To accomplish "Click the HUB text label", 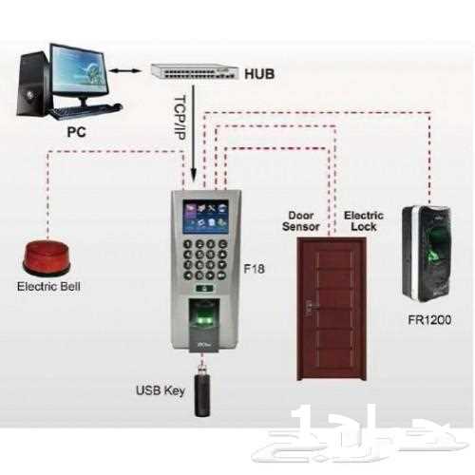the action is pyautogui.click(x=259, y=74).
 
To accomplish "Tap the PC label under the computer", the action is pyautogui.click(x=76, y=132).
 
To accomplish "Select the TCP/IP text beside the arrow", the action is pyautogui.click(x=180, y=118).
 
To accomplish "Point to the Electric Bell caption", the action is pyautogui.click(x=48, y=287).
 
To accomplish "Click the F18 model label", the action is pyautogui.click(x=254, y=269).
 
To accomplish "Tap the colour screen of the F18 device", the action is pyautogui.click(x=205, y=218).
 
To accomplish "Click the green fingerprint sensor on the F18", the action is pyautogui.click(x=203, y=320).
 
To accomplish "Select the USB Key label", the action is pyautogui.click(x=161, y=390).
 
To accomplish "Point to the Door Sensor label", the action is pyautogui.click(x=300, y=221).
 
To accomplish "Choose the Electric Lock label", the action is pyautogui.click(x=364, y=221).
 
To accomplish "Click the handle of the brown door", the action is pyautogui.click(x=310, y=307).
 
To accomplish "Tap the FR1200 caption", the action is pyautogui.click(x=429, y=320).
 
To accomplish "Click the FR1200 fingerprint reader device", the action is pyautogui.click(x=427, y=254).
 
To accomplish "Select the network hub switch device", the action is pyautogui.click(x=194, y=71).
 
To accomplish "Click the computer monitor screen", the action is pyautogui.click(x=80, y=71).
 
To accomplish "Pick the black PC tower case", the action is pyautogui.click(x=33, y=84).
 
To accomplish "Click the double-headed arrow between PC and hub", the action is pyautogui.click(x=124, y=71).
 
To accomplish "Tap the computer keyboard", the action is pyautogui.click(x=85, y=111).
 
